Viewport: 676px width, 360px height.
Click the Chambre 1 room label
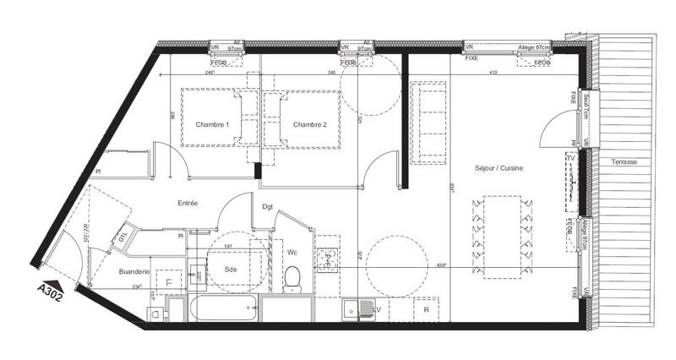click(x=213, y=125)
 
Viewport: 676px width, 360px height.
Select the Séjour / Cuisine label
click(x=499, y=169)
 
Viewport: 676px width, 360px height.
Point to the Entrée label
click(x=188, y=204)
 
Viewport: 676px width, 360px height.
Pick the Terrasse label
click(x=625, y=161)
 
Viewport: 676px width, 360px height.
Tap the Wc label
click(x=292, y=251)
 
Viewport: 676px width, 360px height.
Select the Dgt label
click(x=267, y=207)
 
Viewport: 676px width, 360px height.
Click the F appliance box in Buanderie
click(x=169, y=281)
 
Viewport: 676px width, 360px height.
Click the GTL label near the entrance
click(x=123, y=236)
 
